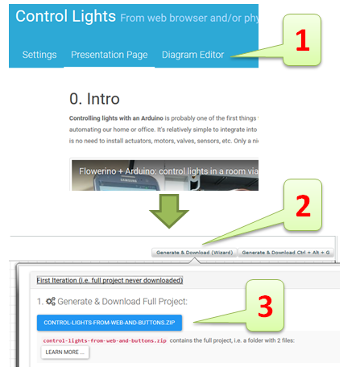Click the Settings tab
(39, 55)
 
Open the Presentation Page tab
(109, 55)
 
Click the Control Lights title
(64, 16)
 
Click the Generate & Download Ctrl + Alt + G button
(286, 253)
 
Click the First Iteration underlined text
(110, 280)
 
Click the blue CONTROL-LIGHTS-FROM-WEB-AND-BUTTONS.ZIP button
(109, 323)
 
